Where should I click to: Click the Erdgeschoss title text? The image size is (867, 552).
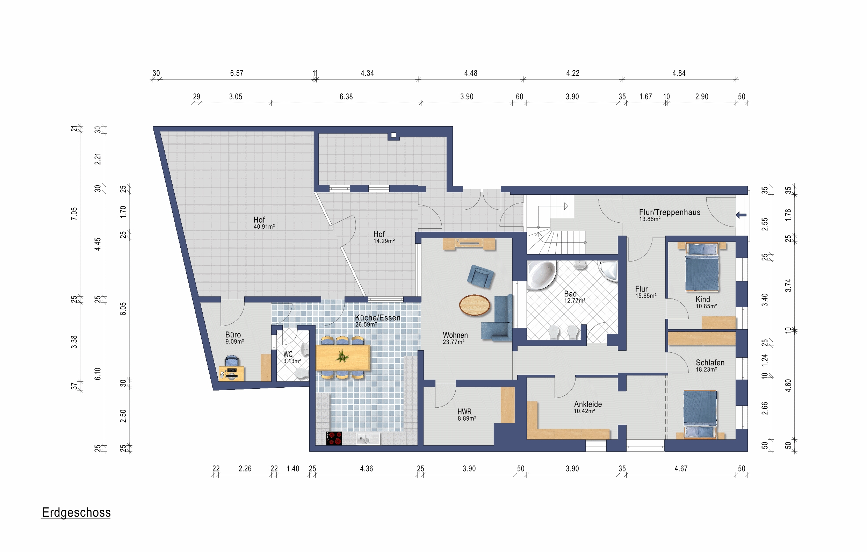coord(76,513)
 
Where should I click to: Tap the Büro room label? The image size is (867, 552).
coord(233,335)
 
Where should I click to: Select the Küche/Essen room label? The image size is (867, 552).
coord(377,317)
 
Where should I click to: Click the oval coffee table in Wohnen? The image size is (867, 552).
coord(475,305)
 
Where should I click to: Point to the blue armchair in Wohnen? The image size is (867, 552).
coord(480,277)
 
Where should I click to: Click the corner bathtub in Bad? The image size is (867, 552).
coord(541,275)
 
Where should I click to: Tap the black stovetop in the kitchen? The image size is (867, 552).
coord(334,438)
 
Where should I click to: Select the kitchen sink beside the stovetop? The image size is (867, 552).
coord(368,439)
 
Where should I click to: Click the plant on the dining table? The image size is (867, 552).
coord(342,357)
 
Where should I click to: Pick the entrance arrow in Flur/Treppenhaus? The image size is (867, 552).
coord(741,215)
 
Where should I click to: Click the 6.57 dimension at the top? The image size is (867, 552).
coord(237,73)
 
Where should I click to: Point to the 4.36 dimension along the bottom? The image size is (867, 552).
coord(366,469)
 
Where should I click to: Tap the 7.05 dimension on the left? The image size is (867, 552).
coord(74,214)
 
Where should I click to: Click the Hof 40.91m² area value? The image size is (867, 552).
coord(264,227)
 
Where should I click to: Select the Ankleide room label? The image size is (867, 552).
coord(588,404)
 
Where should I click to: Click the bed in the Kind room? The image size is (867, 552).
coord(702,267)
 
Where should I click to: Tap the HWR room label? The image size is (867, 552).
coord(464,411)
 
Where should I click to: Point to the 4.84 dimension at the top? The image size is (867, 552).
coord(679,73)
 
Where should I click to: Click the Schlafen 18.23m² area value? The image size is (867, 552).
coord(706,370)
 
